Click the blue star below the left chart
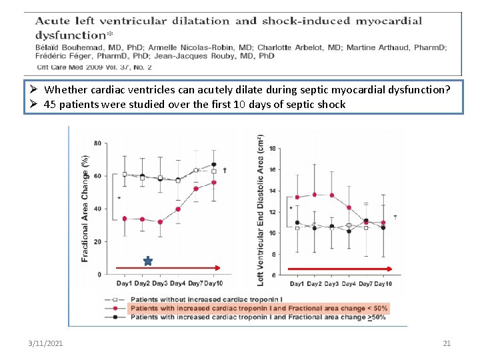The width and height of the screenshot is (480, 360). pos(147,261)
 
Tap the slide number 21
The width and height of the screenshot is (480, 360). pos(447,343)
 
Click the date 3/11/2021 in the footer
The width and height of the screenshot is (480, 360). pos(46,343)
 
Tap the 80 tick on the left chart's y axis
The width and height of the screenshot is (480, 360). pos(98,143)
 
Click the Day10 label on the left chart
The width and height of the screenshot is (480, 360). pos(213,284)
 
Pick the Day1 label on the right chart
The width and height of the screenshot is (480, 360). pos(297,284)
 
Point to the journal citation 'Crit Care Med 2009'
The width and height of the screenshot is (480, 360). pos(73,67)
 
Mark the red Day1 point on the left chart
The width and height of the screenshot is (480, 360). pos(124,219)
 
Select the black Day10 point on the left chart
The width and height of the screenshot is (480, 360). pos(214,165)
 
